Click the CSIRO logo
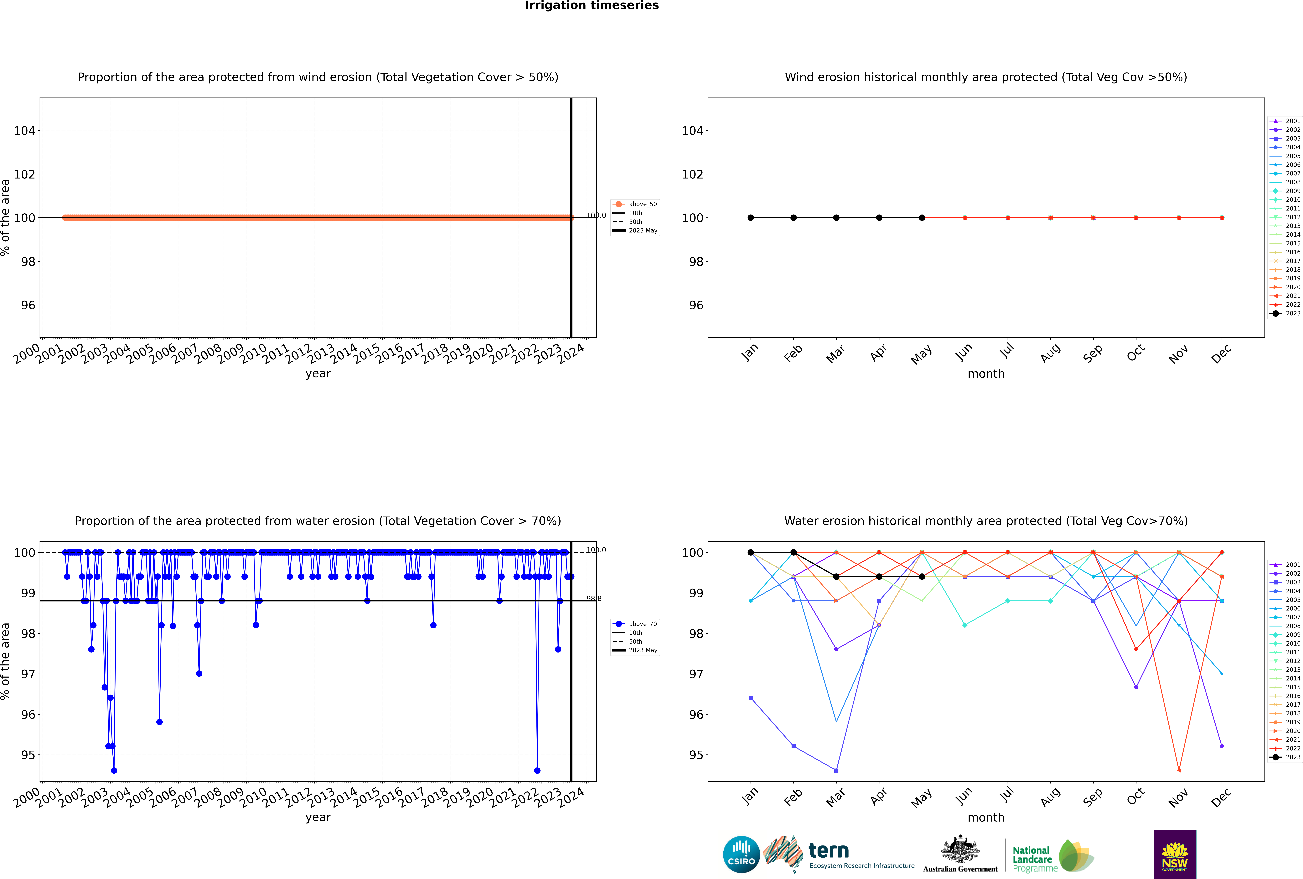[741, 854]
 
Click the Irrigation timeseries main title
[592, 6]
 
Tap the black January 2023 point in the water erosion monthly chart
[751, 552]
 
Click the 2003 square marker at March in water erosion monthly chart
[836, 770]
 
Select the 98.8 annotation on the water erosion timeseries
[594, 599]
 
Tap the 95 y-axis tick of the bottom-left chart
[28, 755]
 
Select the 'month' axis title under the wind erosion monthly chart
[986, 374]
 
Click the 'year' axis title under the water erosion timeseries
[318, 817]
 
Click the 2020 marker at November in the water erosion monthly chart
[1179, 770]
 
